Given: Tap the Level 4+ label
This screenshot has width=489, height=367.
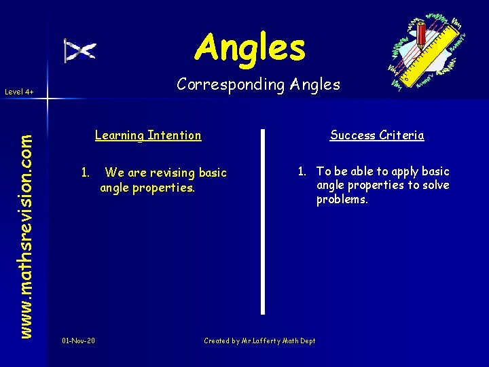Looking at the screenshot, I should tap(19, 91).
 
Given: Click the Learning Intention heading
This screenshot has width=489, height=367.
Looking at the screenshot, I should tap(148, 135).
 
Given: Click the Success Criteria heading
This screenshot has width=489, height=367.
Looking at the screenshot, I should tap(377, 135).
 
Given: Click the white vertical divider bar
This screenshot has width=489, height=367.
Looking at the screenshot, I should tap(263, 221).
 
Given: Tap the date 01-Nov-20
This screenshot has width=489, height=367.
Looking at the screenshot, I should tap(78, 340).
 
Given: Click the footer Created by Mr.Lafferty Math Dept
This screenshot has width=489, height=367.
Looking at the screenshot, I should tap(259, 340).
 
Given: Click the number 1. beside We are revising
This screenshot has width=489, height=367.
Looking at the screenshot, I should tap(86, 173).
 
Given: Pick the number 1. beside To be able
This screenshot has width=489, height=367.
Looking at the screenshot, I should tap(302, 171).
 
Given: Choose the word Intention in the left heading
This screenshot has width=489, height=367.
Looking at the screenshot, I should tap(175, 135).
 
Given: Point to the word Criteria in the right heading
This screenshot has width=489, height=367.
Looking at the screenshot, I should tap(403, 135).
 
